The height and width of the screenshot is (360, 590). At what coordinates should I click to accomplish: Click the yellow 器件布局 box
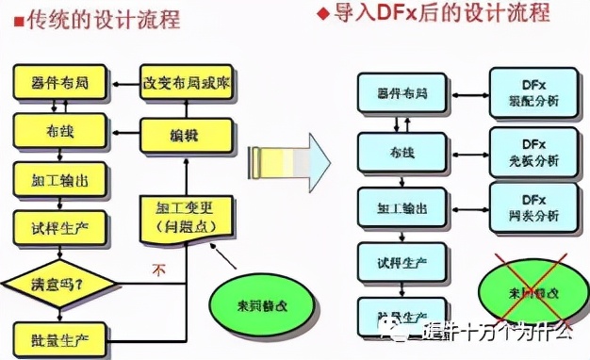tap(59, 83)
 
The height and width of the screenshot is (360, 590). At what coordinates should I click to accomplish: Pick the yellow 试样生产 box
tap(59, 226)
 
